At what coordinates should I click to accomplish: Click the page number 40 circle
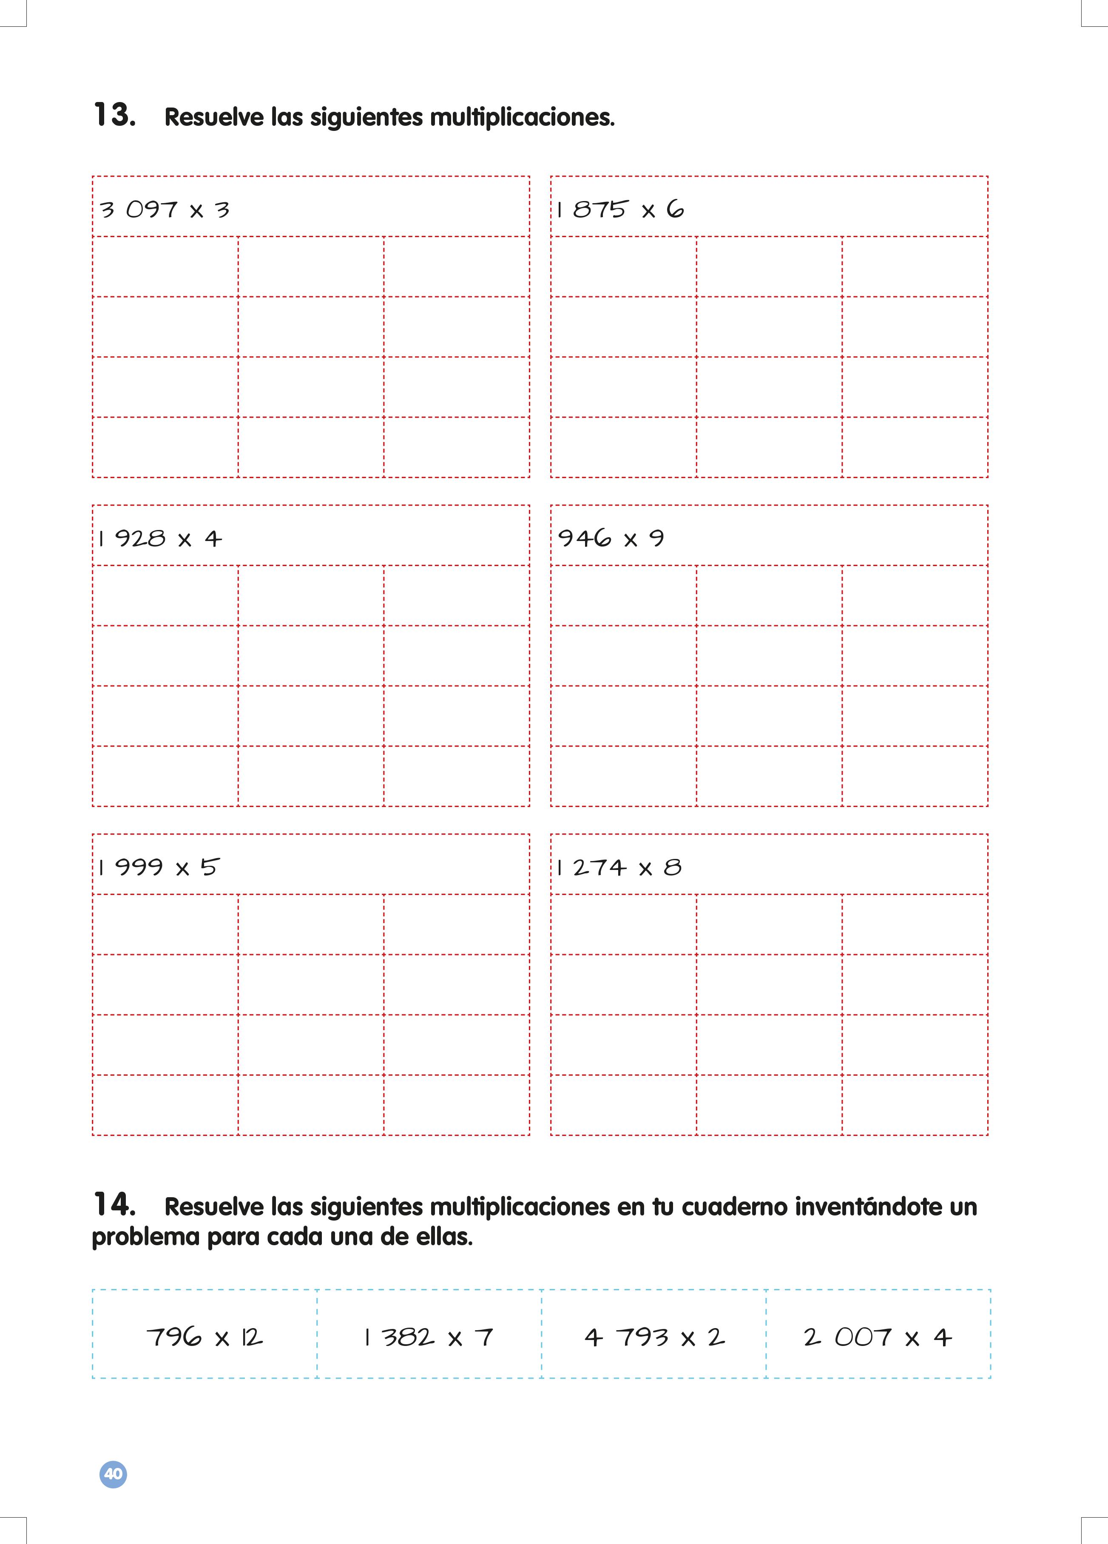[113, 1474]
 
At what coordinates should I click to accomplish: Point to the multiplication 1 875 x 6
[620, 209]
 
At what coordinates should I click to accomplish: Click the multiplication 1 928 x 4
[159, 538]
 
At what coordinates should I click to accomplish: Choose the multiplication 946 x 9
[611, 538]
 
